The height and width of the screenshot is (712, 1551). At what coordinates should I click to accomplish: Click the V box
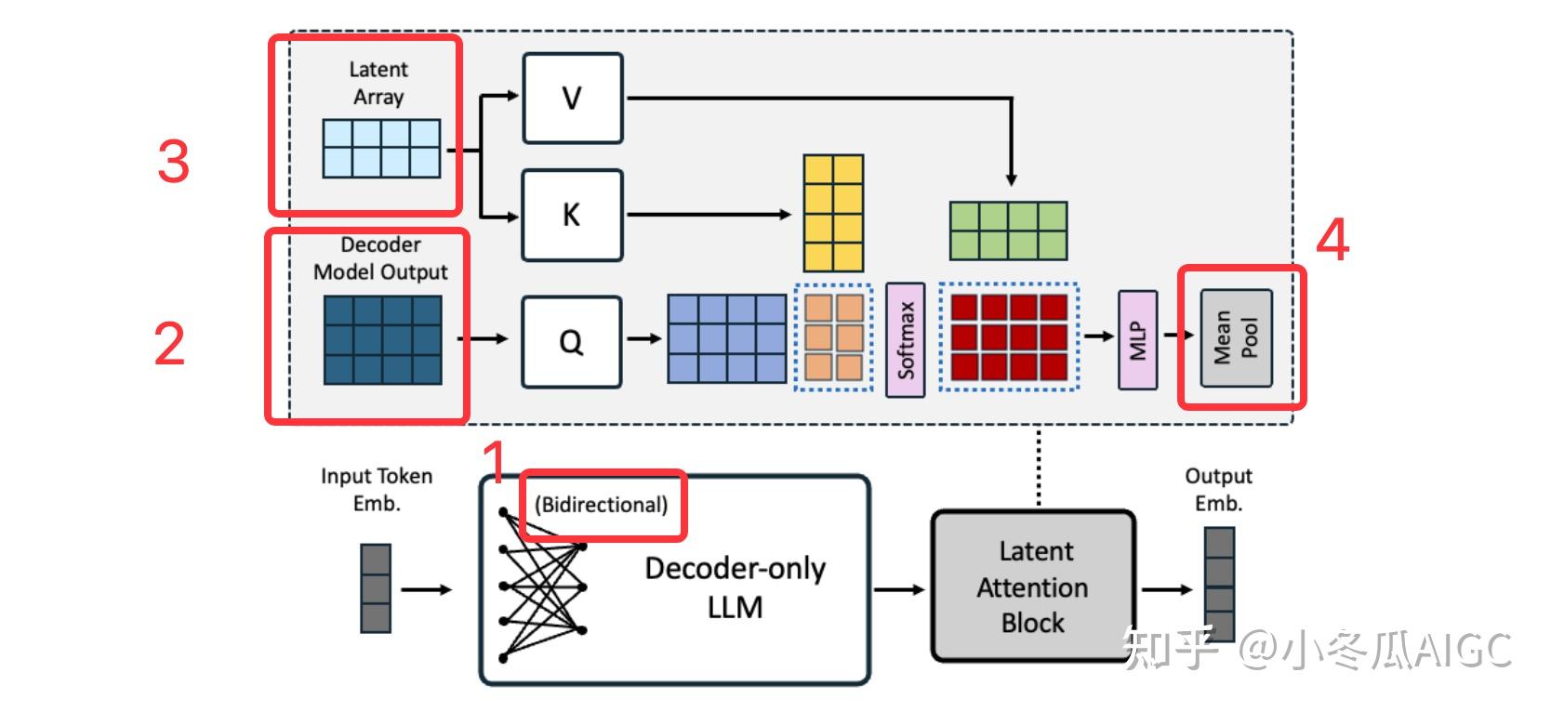tap(572, 99)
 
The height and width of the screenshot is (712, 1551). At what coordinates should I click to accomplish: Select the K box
tap(572, 215)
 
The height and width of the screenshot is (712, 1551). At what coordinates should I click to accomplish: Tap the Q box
tap(571, 342)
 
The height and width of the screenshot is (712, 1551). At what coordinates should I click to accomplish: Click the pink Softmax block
tap(905, 340)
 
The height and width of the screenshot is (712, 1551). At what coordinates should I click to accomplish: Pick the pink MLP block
tap(1138, 340)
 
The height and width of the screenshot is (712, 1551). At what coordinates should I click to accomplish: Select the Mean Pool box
tap(1237, 337)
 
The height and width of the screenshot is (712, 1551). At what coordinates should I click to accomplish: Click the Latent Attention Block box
tap(1033, 587)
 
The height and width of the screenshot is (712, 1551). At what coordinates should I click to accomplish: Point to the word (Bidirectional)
tap(601, 505)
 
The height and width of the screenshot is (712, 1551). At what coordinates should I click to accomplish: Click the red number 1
tap(496, 463)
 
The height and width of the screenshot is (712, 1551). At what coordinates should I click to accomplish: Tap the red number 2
tap(169, 344)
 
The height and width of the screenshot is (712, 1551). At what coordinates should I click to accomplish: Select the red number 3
tap(173, 162)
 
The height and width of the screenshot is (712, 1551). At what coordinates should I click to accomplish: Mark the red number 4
tap(1332, 240)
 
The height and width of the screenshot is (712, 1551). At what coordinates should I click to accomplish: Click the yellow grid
tap(833, 213)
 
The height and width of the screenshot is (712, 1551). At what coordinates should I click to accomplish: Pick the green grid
tap(1008, 231)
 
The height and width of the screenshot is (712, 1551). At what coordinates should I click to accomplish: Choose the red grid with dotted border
tap(1009, 336)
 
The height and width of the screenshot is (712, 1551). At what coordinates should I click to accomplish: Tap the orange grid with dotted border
tap(833, 336)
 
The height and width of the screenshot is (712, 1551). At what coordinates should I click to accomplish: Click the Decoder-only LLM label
tap(735, 587)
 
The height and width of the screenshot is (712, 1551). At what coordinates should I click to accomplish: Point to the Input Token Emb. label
tap(377, 489)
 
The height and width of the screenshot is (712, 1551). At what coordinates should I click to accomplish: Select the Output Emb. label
tap(1218, 489)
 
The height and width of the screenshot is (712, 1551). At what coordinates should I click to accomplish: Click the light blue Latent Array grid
tap(381, 148)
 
